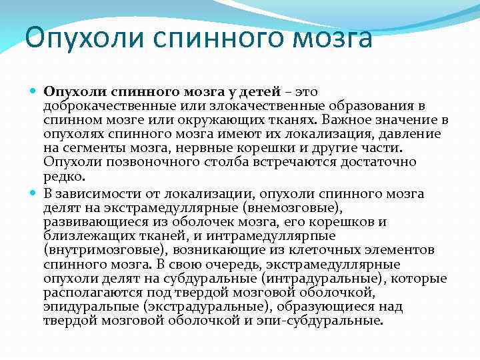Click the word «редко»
[x=63, y=175]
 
